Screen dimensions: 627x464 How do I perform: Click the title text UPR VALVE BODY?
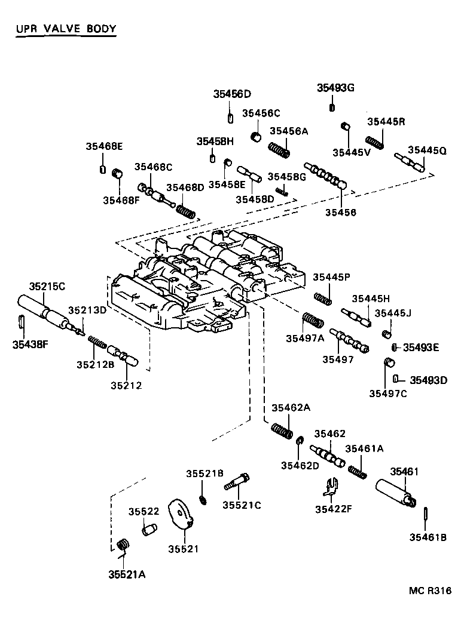[66, 29]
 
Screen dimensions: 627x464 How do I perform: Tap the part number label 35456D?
[232, 94]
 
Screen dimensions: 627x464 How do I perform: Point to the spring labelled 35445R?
[375, 142]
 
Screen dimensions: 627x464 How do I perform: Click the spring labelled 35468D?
[185, 209]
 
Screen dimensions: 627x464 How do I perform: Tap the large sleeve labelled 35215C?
[40, 311]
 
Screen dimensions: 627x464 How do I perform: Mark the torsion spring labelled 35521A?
[124, 545]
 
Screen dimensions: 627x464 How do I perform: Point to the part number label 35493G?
[335, 88]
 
